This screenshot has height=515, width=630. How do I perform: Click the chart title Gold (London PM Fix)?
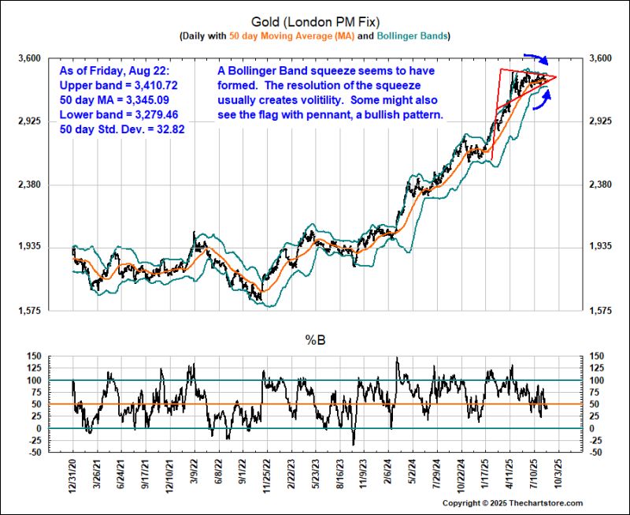pyautogui.click(x=314, y=21)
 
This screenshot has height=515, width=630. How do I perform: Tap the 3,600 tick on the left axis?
pyautogui.click(x=31, y=58)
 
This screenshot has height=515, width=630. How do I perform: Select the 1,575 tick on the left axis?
pyautogui.click(x=31, y=311)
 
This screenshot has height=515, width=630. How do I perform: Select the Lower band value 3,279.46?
pyautogui.click(x=157, y=114)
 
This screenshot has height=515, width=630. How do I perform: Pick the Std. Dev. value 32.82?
pyautogui.click(x=168, y=129)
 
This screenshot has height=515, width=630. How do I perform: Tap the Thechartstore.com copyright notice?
pyautogui.click(x=513, y=503)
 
